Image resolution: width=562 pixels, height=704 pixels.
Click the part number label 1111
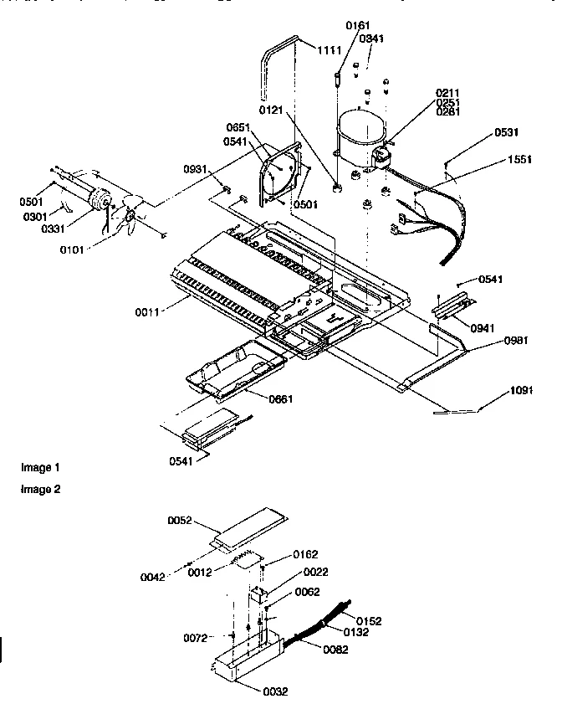pos(329,52)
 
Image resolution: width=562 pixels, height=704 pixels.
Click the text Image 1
pos(41,467)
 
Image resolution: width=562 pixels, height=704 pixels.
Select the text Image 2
pos(41,489)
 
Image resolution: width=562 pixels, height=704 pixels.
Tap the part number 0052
pos(180,520)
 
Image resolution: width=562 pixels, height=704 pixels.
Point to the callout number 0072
pos(196,638)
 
